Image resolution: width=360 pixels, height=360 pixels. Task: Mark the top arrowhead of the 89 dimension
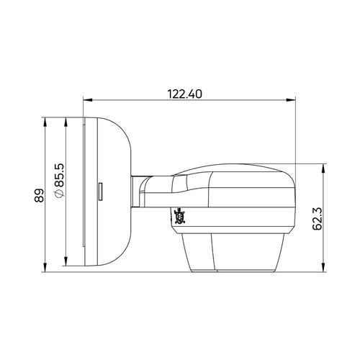tap(46, 121)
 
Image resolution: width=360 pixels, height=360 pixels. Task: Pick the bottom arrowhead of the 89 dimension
tap(46, 269)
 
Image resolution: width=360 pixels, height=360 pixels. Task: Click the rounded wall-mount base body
tap(112, 194)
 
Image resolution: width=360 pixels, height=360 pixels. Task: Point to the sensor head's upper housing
tap(238, 194)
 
